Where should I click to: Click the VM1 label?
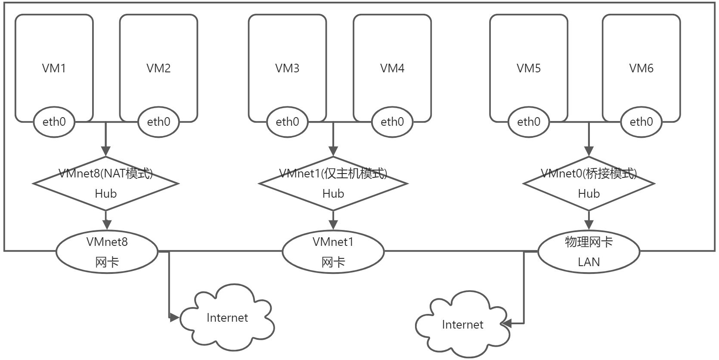click(x=54, y=68)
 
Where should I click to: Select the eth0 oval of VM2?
click(x=158, y=122)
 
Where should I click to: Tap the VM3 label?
click(x=287, y=68)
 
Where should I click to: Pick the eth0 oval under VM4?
click(x=392, y=122)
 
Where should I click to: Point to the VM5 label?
click(x=529, y=68)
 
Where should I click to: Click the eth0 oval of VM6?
click(x=641, y=122)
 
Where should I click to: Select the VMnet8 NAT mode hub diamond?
click(x=106, y=184)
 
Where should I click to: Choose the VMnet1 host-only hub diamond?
click(x=333, y=184)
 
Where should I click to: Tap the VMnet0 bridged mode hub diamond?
click(x=589, y=184)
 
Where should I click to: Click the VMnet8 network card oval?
click(x=107, y=251)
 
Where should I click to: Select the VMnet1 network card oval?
click(x=333, y=251)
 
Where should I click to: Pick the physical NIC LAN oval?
click(x=589, y=251)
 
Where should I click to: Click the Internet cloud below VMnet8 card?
click(x=227, y=318)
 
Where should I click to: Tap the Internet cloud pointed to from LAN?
click(x=462, y=325)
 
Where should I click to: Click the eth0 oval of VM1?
click(x=54, y=122)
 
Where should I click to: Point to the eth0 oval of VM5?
click(x=529, y=122)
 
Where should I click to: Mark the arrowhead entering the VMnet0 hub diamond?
click(x=589, y=151)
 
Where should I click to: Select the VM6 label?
click(x=641, y=68)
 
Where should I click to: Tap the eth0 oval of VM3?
click(x=287, y=122)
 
